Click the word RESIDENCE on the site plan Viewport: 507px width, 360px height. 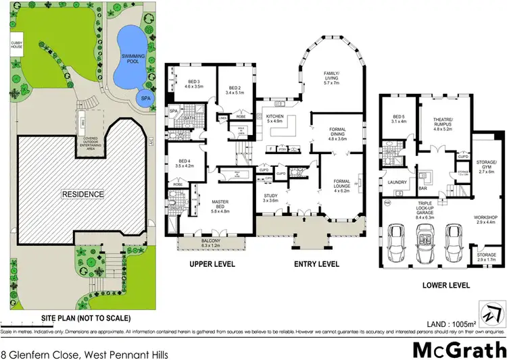click(x=84, y=195)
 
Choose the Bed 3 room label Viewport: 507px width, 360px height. click(x=194, y=84)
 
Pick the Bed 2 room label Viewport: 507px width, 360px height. click(x=235, y=91)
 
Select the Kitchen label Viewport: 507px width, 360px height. click(x=275, y=120)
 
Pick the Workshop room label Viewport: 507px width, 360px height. click(x=486, y=219)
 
